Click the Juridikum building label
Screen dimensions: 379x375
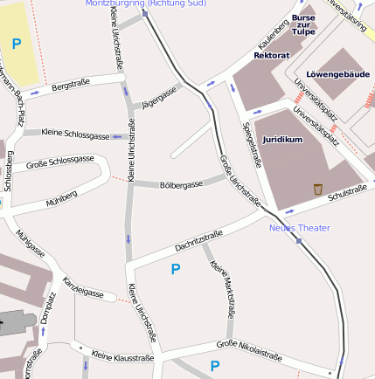pos(282,139)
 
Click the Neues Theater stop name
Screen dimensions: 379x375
pos(299,228)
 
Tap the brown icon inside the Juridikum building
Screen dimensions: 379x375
pos(317,189)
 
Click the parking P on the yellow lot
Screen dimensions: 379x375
pos(17,43)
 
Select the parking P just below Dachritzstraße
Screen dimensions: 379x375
pos(176,270)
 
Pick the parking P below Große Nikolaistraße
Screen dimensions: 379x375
pos(214,366)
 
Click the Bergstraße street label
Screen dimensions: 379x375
pos(71,86)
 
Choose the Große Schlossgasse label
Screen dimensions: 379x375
pos(60,162)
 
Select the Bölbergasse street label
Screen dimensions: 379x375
pos(181,185)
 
